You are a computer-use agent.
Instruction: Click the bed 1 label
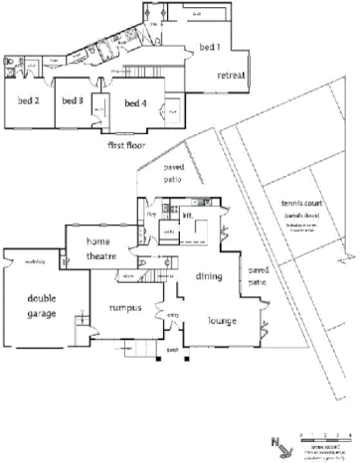pyautogui.click(x=210, y=47)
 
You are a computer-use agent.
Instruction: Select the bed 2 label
pyautogui.click(x=28, y=100)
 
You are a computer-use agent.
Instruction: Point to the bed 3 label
pyautogui.click(x=72, y=100)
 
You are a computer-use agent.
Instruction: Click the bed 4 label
pyautogui.click(x=136, y=101)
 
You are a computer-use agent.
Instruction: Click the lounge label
pyautogui.click(x=221, y=321)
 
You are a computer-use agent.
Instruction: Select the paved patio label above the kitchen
pyautogui.click(x=174, y=175)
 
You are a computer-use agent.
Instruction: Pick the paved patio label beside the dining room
pyautogui.click(x=258, y=275)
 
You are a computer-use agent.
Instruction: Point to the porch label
pyautogui.click(x=172, y=351)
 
